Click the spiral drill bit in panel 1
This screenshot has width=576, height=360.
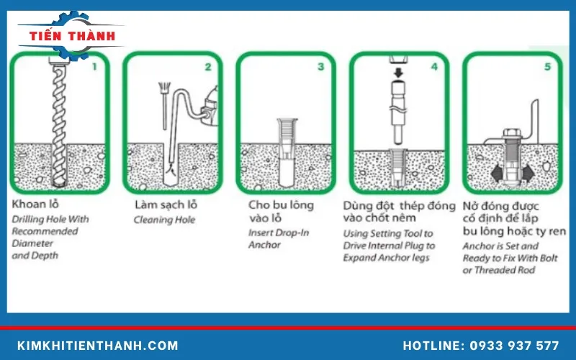coord(57,122)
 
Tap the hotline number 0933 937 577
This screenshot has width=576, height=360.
coord(481,346)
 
